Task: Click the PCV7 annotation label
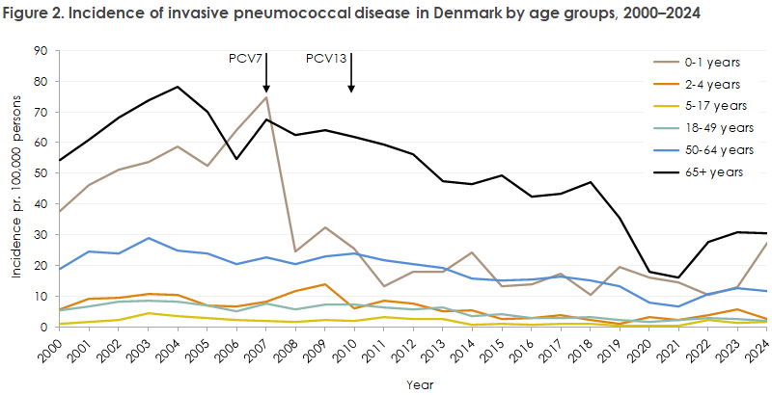pyautogui.click(x=245, y=59)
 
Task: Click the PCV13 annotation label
pyautogui.click(x=326, y=59)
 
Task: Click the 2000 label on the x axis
pyautogui.click(x=58, y=351)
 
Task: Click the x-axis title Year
pyautogui.click(x=413, y=383)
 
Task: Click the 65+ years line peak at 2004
pyautogui.click(x=178, y=87)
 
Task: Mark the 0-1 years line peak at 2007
pyautogui.click(x=266, y=97)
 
